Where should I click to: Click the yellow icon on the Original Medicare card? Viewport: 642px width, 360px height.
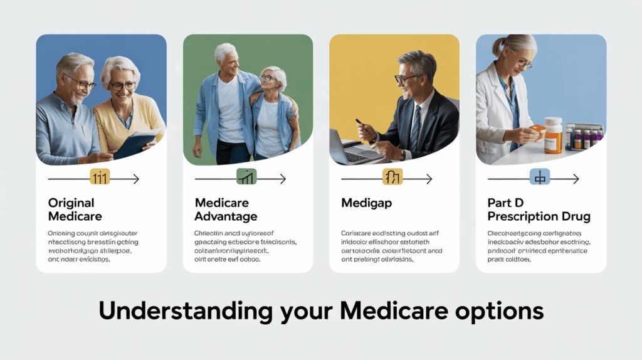100,179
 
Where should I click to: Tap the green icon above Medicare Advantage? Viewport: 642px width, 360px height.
246,179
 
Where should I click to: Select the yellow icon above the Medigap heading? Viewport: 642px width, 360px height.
392,179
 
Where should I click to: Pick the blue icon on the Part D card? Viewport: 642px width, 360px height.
539,179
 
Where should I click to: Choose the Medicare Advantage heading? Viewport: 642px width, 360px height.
226,209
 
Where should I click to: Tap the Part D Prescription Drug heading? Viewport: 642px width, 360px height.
538,209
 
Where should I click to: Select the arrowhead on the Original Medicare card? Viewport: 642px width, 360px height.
135,179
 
